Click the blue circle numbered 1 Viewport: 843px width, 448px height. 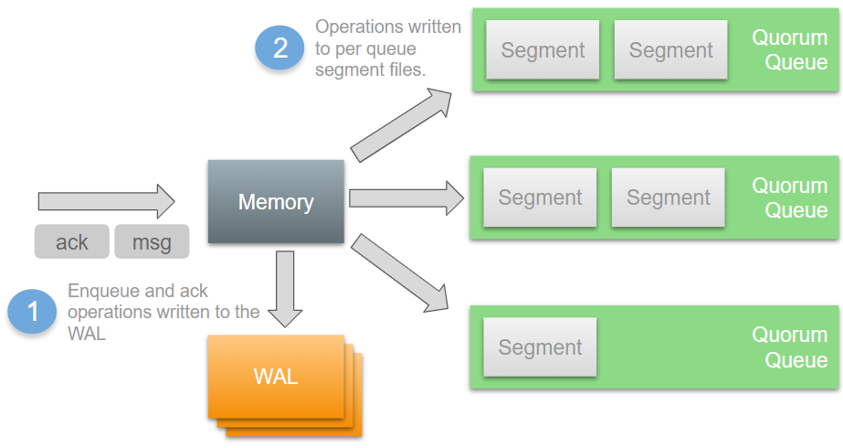coord(34,313)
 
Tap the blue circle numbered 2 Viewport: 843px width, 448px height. coord(280,47)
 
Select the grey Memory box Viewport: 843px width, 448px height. coord(276,202)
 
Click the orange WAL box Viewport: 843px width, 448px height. coord(276,376)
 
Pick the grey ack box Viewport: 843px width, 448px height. coord(71,242)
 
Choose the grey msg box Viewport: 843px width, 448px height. coord(152,242)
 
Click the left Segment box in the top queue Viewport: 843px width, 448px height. coord(543,50)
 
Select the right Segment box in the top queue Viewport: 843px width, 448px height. coord(670,50)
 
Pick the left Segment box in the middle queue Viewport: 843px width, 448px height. coord(540,197)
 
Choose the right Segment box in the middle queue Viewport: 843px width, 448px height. coord(668,197)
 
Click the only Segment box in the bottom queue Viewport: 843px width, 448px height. coord(540,347)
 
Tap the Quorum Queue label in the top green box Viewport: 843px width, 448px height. coord(790,50)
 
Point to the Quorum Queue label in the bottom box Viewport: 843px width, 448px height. coord(790,347)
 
